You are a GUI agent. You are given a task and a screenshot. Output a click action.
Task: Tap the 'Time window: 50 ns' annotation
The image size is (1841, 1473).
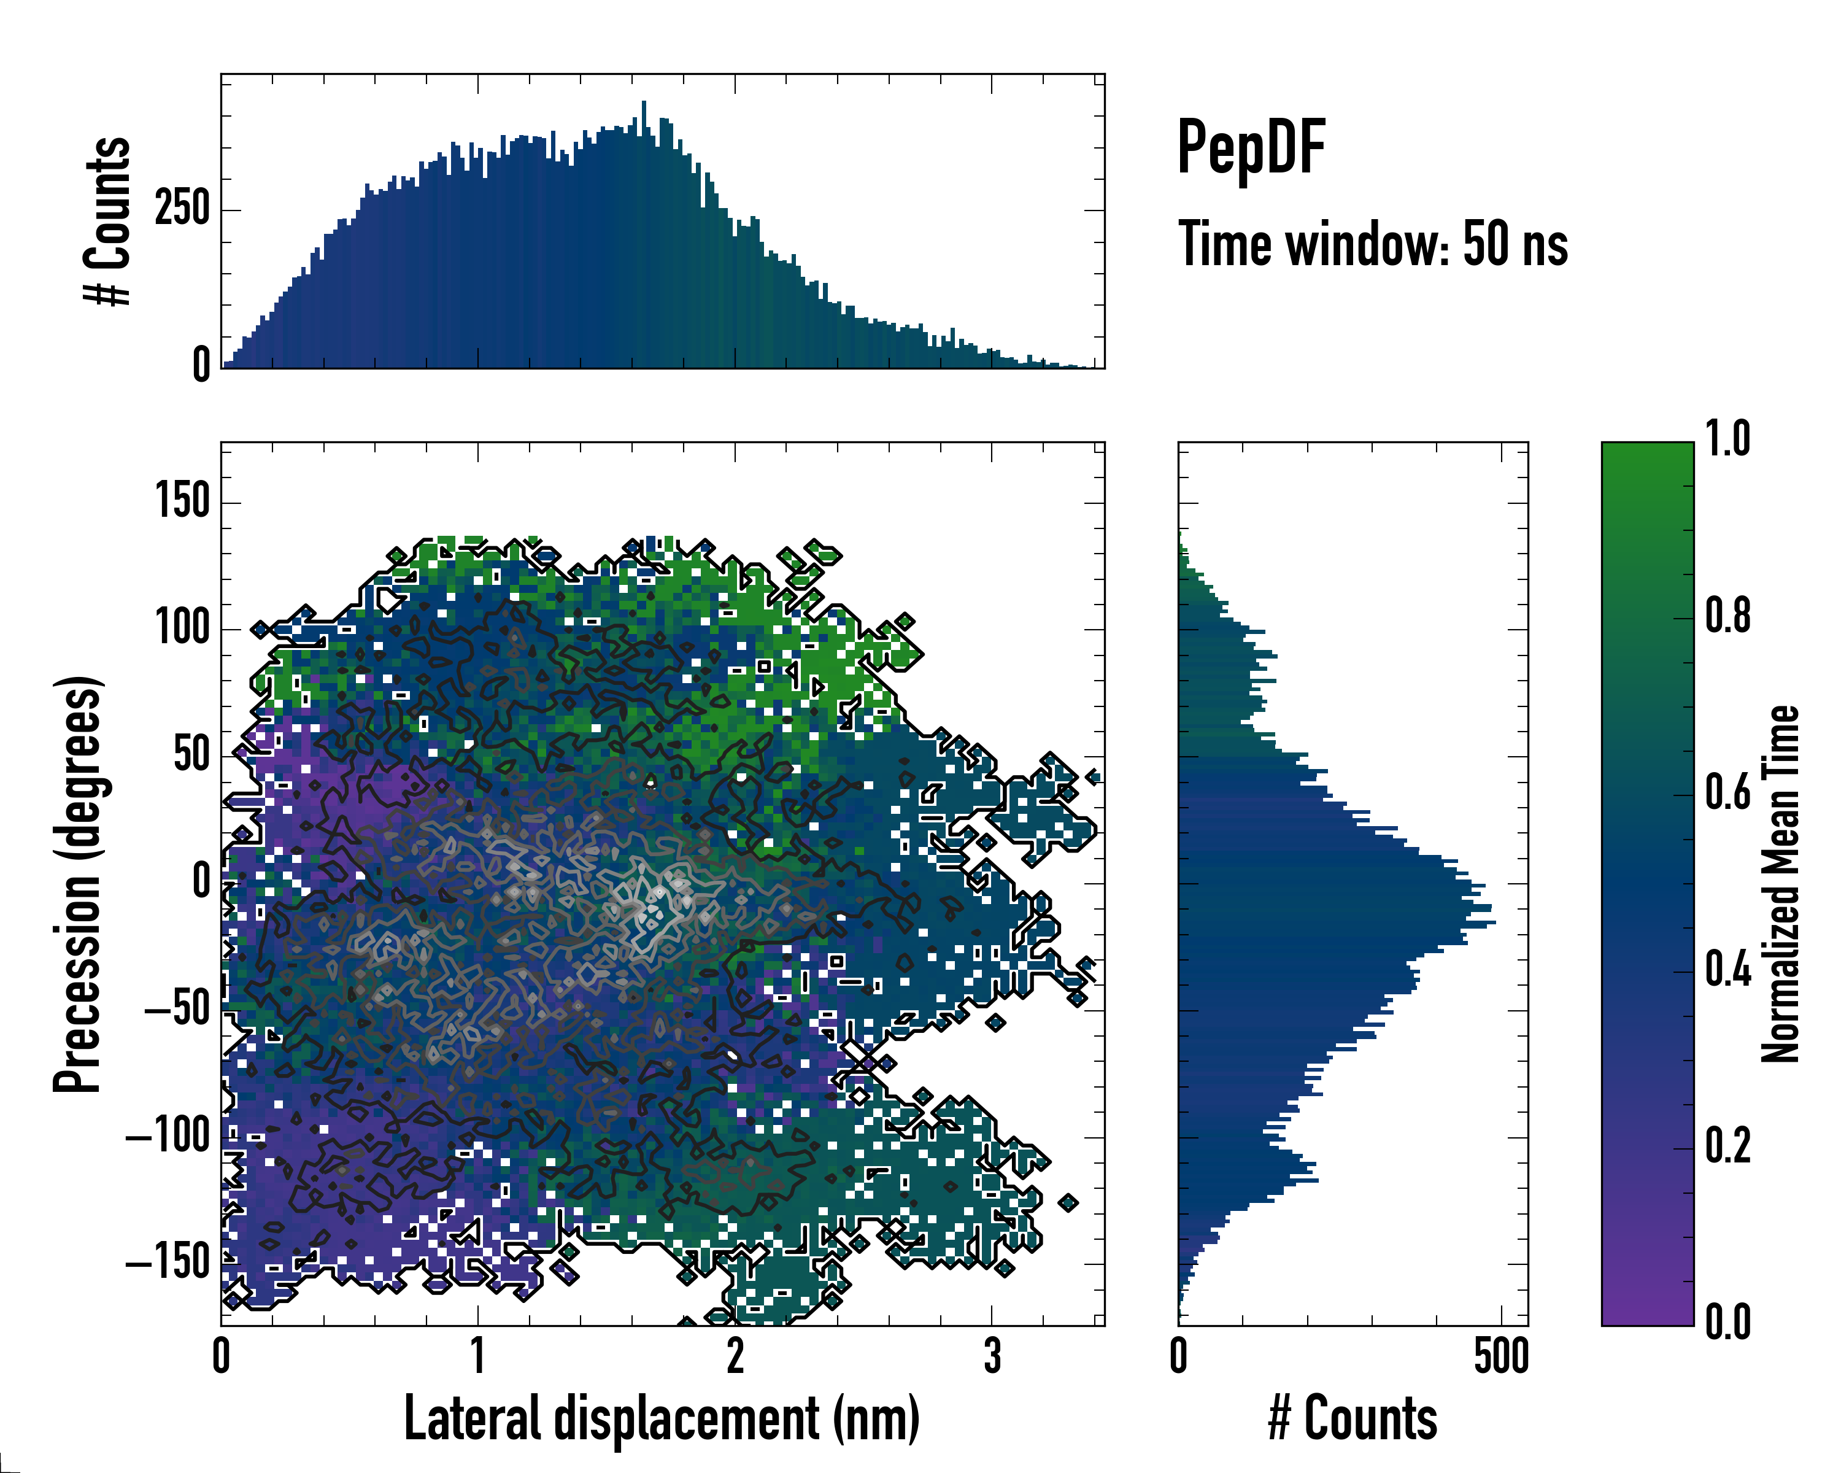[x=1373, y=244]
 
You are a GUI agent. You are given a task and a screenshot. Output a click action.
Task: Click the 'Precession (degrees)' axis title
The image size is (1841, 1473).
[x=79, y=884]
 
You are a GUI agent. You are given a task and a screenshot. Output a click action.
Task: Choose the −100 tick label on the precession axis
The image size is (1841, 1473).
[x=168, y=1137]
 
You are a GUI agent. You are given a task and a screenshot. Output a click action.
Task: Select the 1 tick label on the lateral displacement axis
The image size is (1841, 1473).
[x=478, y=1356]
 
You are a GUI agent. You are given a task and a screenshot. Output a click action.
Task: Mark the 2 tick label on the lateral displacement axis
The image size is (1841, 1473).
[x=735, y=1356]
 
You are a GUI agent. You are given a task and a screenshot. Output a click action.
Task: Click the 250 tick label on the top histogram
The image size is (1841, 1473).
[x=182, y=209]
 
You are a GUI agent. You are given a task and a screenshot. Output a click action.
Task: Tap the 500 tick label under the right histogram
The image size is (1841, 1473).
[x=1501, y=1356]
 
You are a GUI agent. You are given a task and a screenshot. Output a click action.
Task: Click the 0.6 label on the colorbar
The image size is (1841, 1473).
[x=1727, y=792]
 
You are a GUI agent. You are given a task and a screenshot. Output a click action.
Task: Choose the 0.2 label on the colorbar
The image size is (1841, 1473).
[x=1727, y=1146]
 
